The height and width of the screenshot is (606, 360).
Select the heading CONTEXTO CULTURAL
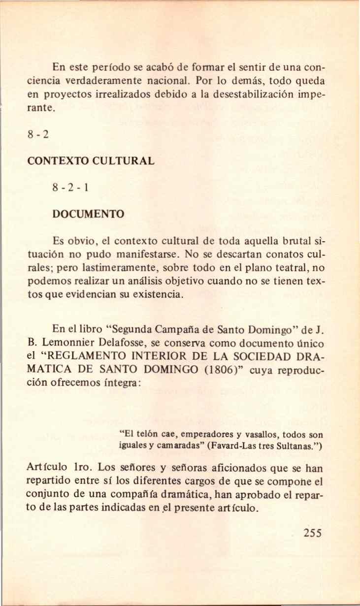pos(91,160)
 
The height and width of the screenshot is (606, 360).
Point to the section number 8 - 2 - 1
pos(69,188)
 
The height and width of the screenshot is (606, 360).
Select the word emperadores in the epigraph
pos(206,435)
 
